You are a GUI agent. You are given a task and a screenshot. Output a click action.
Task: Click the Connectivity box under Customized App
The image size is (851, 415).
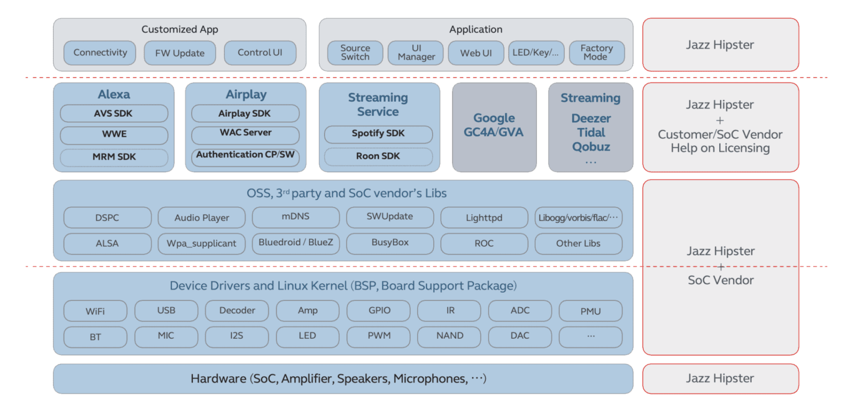point(100,53)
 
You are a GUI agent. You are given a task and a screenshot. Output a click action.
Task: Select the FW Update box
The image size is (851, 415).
point(180,53)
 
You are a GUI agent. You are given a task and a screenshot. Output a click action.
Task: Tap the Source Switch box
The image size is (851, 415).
point(355,53)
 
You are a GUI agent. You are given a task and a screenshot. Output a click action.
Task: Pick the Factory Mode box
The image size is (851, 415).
point(596,53)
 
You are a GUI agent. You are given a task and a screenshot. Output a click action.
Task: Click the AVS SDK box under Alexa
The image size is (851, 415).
point(114,113)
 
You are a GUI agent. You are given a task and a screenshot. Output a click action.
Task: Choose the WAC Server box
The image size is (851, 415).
point(245,133)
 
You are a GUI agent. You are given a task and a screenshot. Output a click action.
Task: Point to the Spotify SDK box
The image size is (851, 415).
point(378,133)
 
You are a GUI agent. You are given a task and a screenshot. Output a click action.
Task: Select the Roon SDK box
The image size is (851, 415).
point(378,157)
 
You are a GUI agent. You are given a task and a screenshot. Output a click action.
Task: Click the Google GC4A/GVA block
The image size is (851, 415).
point(494,126)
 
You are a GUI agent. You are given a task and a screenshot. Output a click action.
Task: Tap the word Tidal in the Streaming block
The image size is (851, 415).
point(591,133)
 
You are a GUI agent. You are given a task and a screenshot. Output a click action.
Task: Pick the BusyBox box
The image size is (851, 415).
point(390,243)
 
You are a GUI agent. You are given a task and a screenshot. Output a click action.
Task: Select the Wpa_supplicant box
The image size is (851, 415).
point(202,243)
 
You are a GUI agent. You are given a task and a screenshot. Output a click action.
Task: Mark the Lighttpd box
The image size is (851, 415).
point(484,217)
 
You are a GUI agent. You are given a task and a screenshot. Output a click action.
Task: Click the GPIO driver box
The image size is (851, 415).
point(379,310)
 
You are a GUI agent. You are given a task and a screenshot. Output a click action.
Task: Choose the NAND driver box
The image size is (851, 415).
point(449,336)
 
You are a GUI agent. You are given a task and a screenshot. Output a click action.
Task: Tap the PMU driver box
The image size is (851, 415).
point(591,311)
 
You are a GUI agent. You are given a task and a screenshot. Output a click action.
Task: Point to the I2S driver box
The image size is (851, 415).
point(237,336)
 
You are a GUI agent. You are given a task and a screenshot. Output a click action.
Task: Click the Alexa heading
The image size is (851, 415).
point(114,94)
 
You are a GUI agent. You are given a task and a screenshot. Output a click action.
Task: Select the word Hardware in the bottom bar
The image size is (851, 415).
point(218,379)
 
